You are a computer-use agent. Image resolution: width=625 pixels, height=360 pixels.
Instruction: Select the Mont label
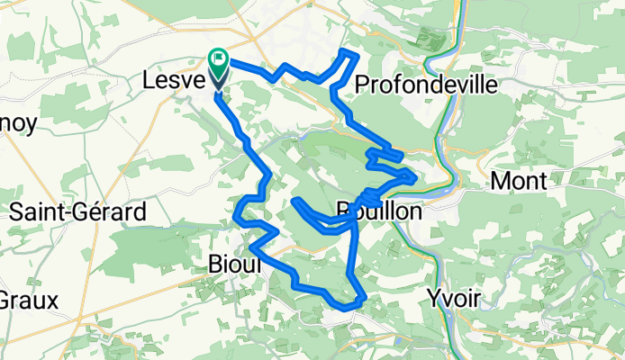[x=518, y=181]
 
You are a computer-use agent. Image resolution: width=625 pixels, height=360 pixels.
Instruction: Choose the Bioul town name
[x=234, y=265]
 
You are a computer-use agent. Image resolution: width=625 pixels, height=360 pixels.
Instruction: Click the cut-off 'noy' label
[x=18, y=124]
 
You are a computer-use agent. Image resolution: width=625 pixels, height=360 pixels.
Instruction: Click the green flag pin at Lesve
[x=219, y=61]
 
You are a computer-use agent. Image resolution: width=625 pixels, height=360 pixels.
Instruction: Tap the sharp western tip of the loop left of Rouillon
[x=295, y=201]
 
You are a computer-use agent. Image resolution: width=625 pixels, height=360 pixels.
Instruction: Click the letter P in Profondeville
[x=363, y=85]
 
